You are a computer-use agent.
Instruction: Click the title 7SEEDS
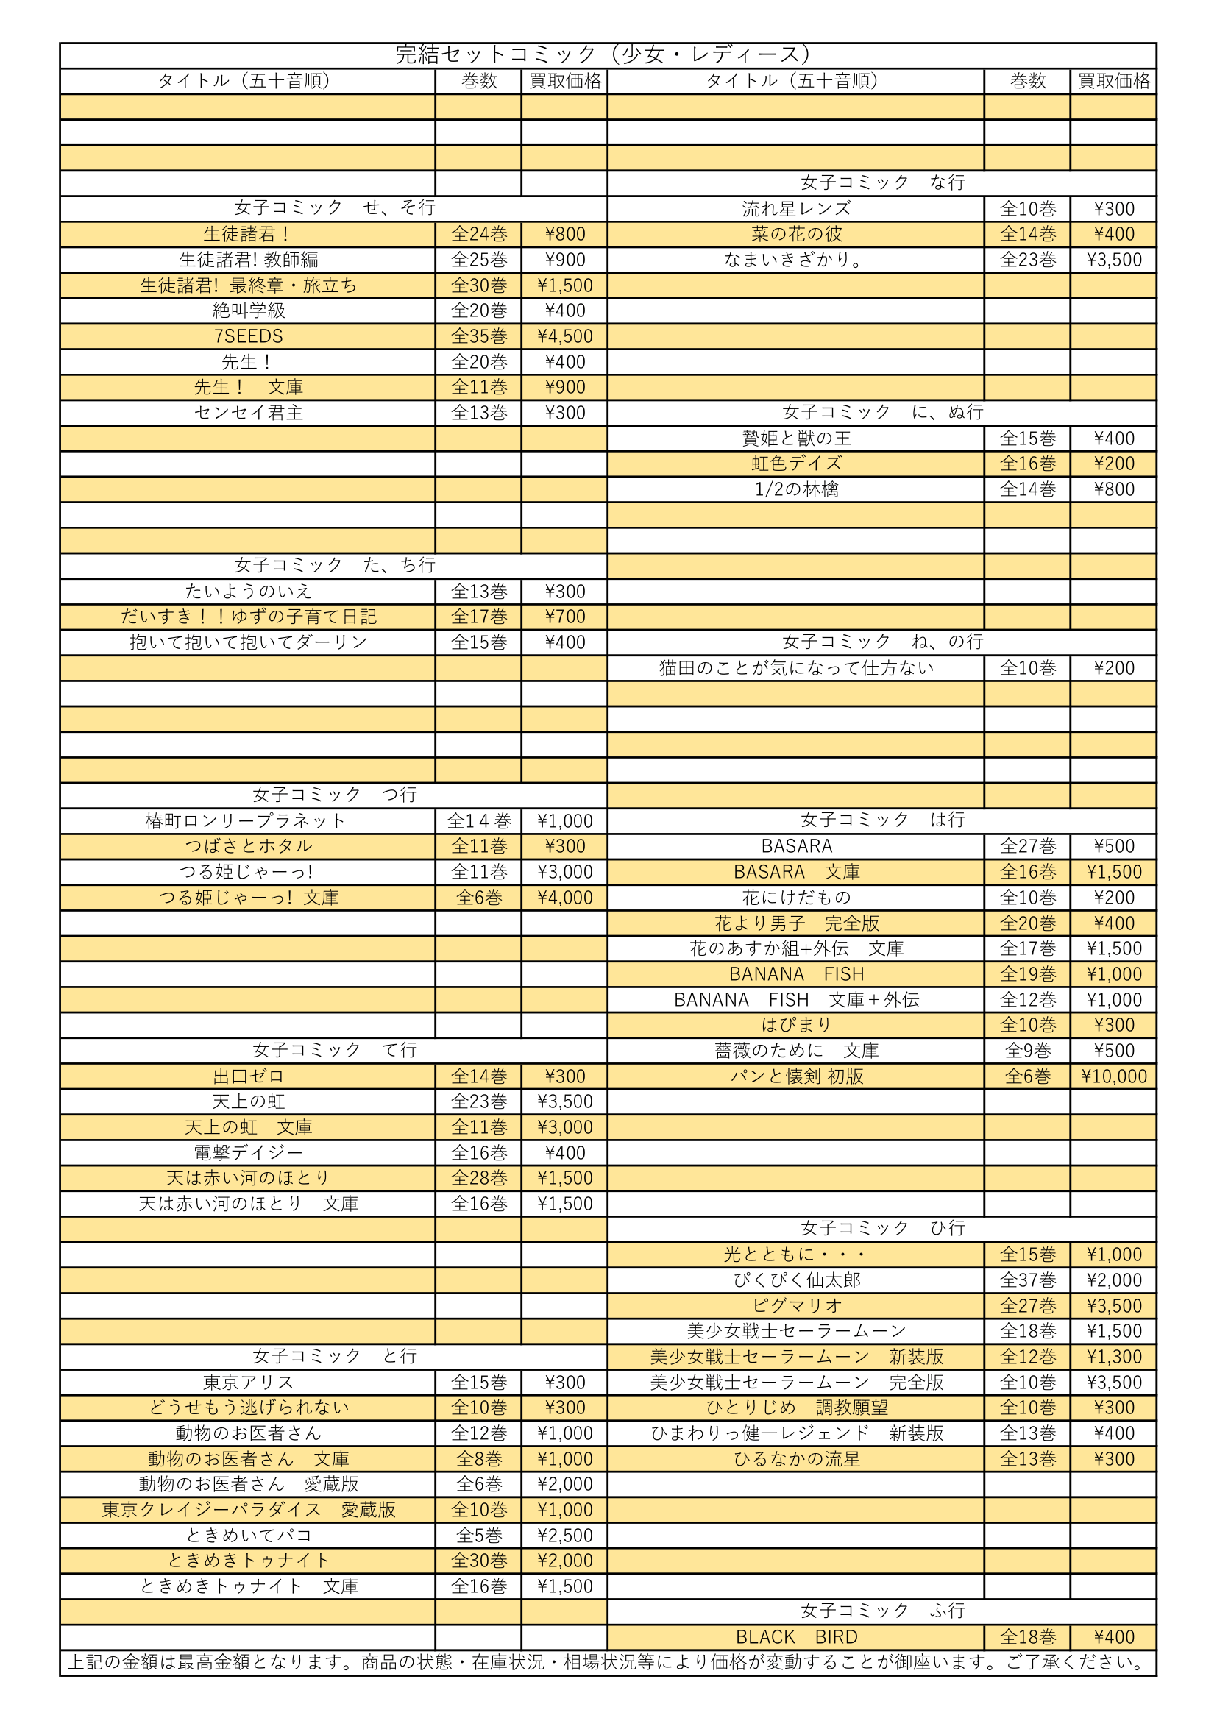point(248,336)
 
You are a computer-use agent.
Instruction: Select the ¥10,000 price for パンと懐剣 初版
point(1113,1076)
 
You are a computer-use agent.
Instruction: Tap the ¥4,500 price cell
point(564,336)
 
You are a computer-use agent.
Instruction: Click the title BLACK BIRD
point(796,1637)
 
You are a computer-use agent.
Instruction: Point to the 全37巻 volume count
point(1027,1280)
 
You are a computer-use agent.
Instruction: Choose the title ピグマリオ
point(796,1306)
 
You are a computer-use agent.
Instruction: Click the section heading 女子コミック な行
point(882,182)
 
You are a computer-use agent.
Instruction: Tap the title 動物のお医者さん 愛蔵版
point(248,1484)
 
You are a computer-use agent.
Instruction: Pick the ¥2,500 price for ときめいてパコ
point(564,1535)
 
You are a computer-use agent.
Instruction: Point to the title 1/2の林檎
point(796,489)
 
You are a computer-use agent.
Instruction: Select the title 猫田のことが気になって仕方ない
point(796,668)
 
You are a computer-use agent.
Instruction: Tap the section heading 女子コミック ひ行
point(882,1228)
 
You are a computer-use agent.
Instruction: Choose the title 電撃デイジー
point(248,1152)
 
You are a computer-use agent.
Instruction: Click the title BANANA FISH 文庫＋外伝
point(796,1000)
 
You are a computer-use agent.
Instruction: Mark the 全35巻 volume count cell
point(479,336)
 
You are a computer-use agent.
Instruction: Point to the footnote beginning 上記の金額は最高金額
point(607,1663)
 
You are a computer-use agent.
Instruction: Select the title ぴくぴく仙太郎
point(796,1280)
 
